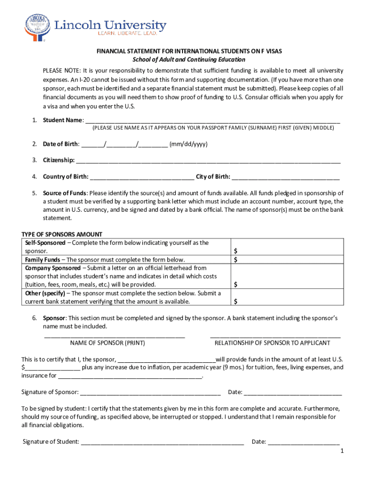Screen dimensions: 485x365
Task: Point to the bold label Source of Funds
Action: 65,193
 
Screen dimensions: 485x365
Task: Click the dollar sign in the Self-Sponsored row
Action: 236,251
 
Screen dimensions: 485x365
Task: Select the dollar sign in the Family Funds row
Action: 236,260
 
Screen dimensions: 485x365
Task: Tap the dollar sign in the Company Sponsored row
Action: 236,285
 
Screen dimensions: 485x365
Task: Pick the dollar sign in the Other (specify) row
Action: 236,301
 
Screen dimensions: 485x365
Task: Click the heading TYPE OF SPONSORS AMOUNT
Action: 62,234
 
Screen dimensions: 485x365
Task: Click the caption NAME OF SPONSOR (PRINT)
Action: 108,343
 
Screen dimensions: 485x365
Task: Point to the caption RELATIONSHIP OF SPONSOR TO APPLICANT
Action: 272,343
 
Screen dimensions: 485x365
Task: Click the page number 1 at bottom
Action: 341,451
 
